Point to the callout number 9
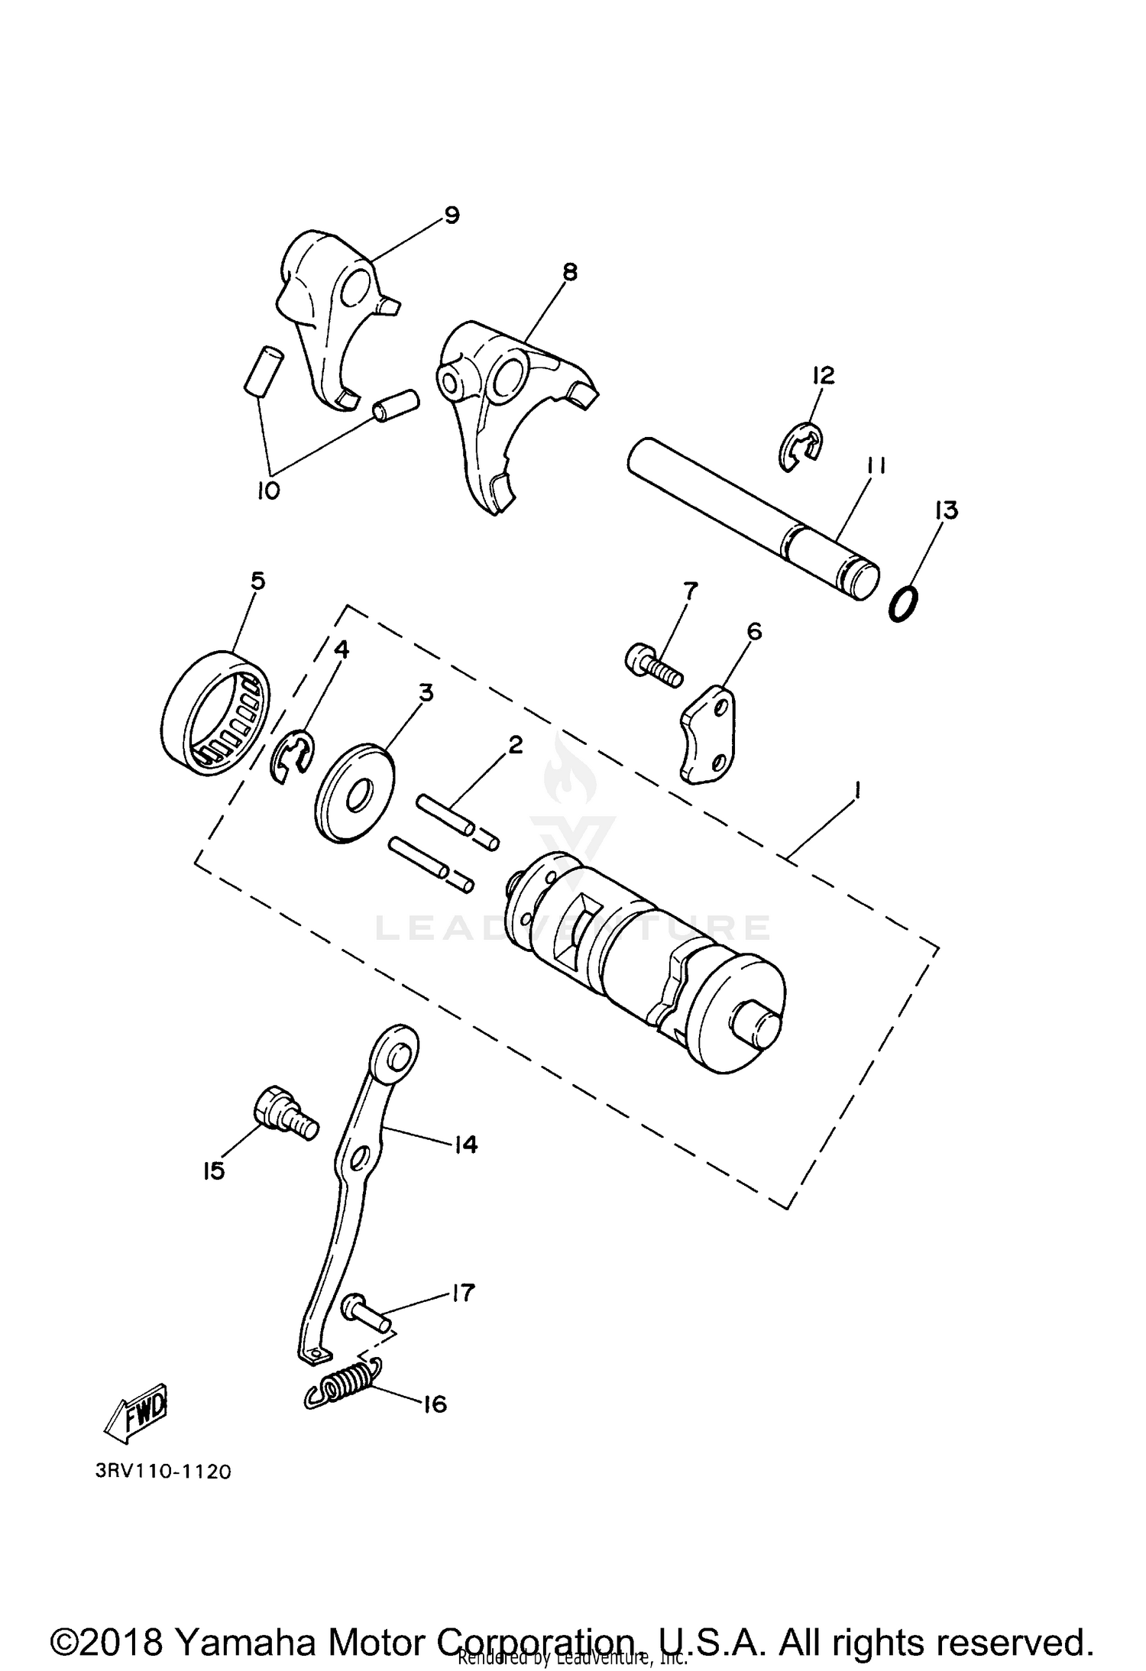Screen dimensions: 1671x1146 point(452,216)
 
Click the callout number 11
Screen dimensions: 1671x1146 point(876,466)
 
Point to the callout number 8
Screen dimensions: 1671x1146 point(569,271)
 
